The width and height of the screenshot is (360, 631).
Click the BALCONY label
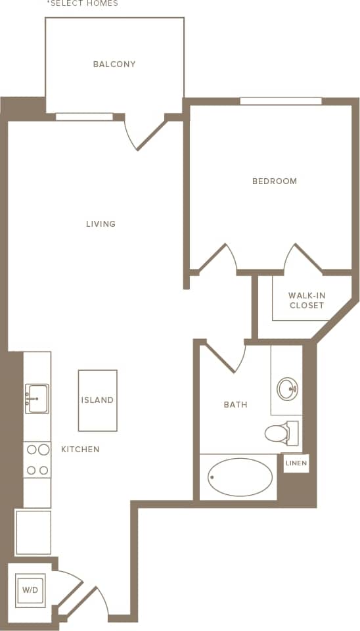point(114,64)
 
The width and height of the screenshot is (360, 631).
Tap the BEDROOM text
point(275,181)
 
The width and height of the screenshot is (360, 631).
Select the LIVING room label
point(101,224)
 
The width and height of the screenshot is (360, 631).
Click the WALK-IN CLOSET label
point(306,300)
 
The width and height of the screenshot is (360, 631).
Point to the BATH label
point(235,405)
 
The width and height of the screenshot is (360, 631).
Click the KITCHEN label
point(80,450)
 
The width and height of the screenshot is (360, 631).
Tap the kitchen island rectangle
point(97,400)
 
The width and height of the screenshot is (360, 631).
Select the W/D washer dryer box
point(30,590)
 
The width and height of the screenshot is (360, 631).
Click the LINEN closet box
point(296,463)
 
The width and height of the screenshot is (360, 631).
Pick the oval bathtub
point(240,477)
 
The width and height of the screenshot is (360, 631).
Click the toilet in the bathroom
point(281,432)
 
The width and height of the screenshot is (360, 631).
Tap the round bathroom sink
point(287,389)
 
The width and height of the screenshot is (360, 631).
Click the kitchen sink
point(37,398)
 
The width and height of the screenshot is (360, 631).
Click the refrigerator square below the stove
point(34,532)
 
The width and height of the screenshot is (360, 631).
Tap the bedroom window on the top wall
point(281,101)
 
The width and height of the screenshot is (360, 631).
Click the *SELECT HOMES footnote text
point(82,4)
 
